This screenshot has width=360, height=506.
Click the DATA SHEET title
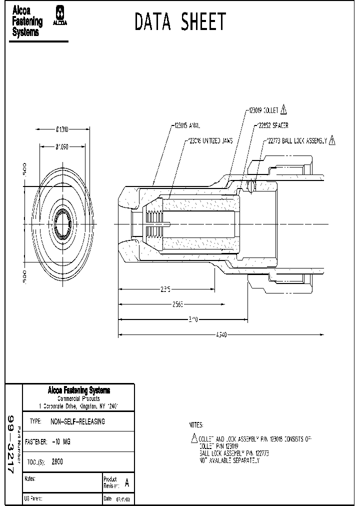[180, 22]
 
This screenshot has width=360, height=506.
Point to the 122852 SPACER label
[273, 126]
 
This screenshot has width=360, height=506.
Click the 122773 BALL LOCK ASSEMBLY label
[296, 141]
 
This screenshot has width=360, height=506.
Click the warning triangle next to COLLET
[283, 109]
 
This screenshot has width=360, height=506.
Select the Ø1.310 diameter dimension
[62, 129]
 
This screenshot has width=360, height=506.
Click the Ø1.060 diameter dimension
[62, 147]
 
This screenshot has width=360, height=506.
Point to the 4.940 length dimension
[220, 335]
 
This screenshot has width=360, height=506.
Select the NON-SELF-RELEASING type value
[78, 421]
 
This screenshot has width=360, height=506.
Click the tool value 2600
[57, 462]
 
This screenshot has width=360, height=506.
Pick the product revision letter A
[126, 483]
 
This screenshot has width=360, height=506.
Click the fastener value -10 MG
[61, 442]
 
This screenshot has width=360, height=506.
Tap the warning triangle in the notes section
[194, 438]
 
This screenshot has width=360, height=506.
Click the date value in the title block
[123, 499]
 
